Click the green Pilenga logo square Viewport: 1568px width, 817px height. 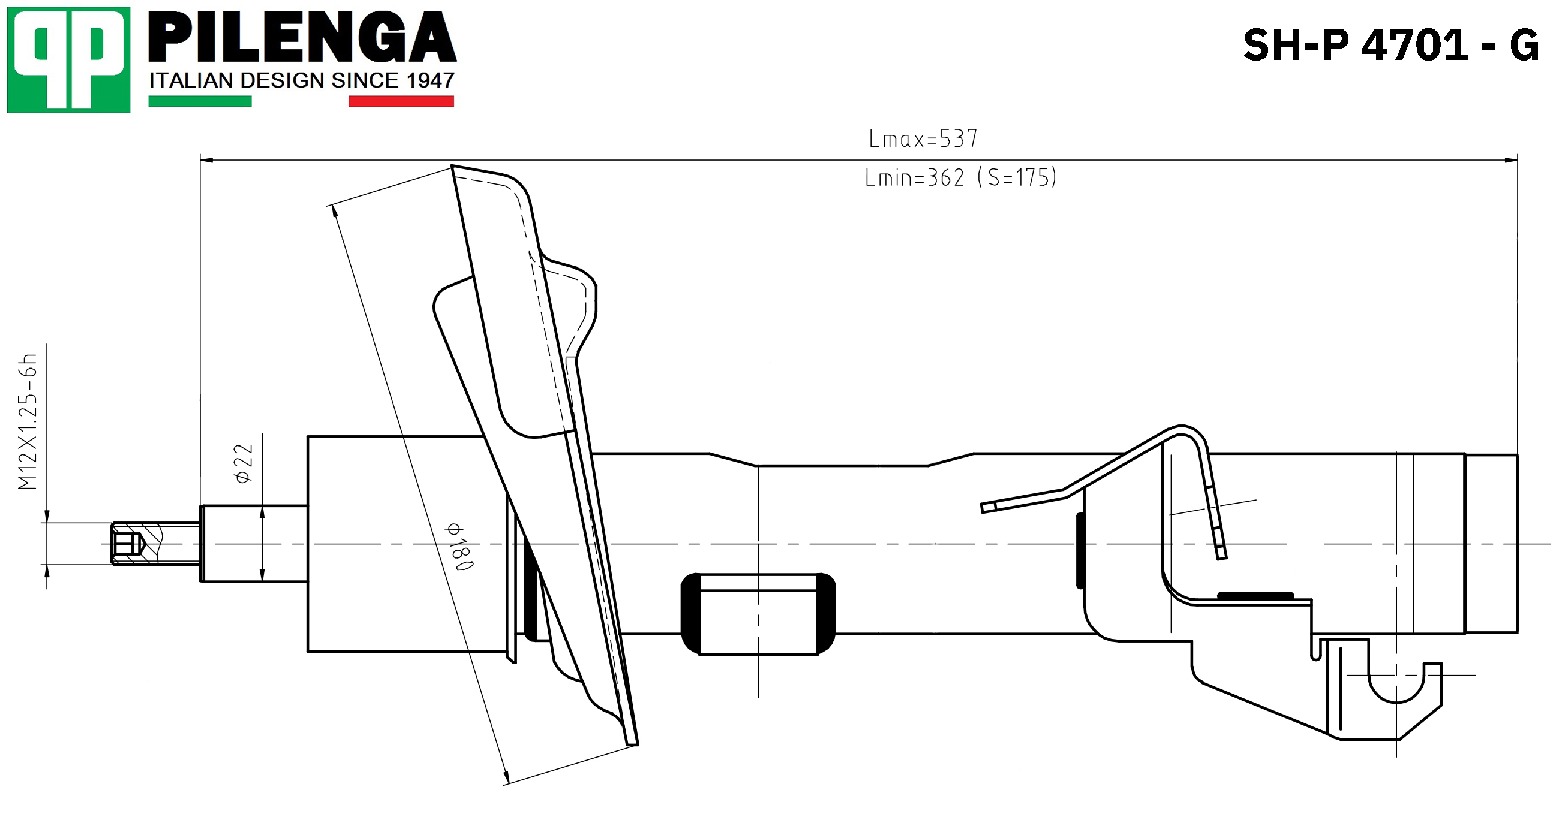(x=68, y=59)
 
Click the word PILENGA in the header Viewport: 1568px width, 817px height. (x=302, y=38)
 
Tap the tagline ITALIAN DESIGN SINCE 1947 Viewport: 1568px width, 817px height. (x=302, y=80)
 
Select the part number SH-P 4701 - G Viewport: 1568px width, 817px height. (x=1391, y=45)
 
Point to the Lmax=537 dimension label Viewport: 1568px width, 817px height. (x=923, y=139)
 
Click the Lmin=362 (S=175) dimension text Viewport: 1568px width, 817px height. (x=960, y=178)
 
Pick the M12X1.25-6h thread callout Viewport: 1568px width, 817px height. (x=28, y=421)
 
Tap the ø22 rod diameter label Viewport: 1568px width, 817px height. (x=244, y=463)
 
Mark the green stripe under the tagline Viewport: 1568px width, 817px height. (x=200, y=101)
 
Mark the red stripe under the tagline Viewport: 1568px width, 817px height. (x=401, y=101)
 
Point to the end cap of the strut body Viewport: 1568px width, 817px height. (x=1491, y=543)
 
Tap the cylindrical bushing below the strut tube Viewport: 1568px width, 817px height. (x=758, y=613)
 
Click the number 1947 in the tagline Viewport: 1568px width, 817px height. (x=430, y=80)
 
